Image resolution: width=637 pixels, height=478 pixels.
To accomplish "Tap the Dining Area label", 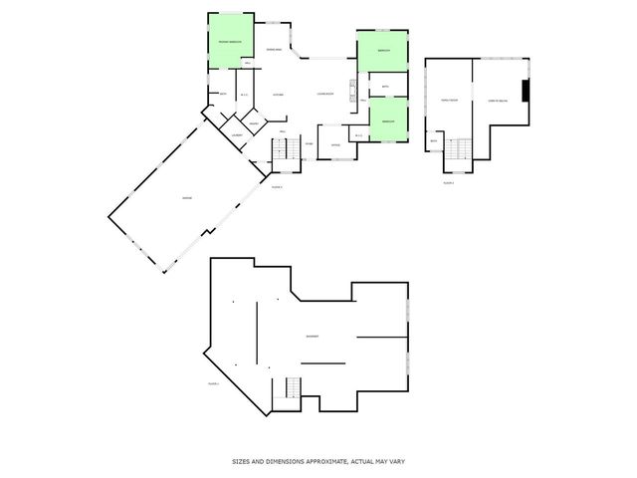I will point(272,50).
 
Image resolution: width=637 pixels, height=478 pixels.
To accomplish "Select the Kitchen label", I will point(280,95).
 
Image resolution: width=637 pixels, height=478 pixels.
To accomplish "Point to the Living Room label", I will point(324,95).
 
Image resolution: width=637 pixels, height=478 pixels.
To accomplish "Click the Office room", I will point(336,145).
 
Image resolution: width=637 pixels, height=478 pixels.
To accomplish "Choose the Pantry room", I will point(254,124).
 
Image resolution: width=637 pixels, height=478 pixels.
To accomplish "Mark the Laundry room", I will point(237,134).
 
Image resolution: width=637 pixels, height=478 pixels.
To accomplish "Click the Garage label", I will point(187,199).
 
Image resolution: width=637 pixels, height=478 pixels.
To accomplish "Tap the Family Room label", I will point(449,101).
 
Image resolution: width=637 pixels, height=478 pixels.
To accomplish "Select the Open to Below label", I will point(498,101).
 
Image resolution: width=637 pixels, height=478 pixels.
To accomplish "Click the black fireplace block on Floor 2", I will point(528,91).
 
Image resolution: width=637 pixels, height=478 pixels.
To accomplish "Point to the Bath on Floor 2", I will point(434,140).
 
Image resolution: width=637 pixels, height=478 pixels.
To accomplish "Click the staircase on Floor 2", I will point(459,148).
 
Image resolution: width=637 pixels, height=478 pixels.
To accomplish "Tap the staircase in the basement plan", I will point(292,388).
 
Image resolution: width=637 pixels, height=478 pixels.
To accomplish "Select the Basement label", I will point(313,337).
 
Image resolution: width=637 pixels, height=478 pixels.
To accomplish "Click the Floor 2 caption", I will point(448,182).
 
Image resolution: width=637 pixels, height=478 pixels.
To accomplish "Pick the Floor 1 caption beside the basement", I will point(213,382).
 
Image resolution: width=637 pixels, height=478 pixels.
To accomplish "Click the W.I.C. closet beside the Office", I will point(358,135).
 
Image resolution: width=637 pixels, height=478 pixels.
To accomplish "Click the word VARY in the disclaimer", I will point(398,462).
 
